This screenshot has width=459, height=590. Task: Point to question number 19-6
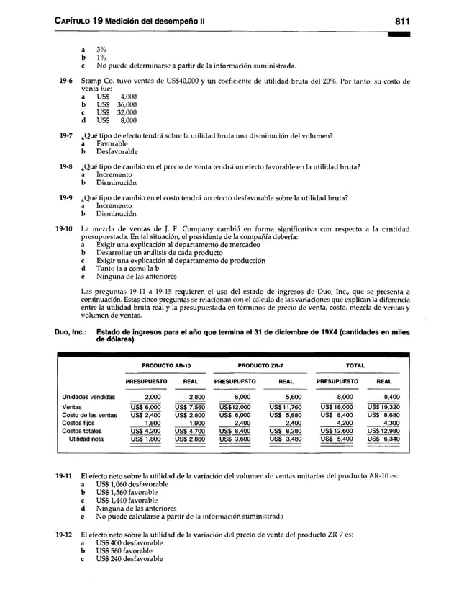tap(66, 80)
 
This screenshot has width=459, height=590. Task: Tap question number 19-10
tap(65, 228)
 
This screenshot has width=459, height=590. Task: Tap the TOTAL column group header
tap(355, 365)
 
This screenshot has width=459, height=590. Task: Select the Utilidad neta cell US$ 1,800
tap(147, 438)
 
